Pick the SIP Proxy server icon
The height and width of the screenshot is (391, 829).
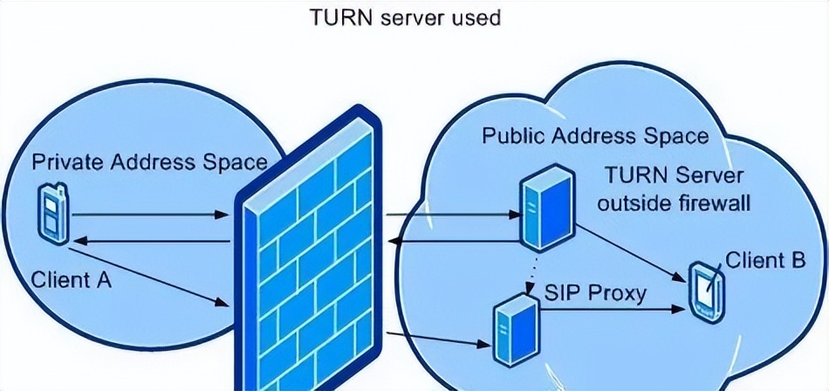click(x=510, y=330)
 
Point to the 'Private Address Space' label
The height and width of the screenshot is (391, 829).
click(x=149, y=162)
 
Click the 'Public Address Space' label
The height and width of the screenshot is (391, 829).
click(x=595, y=136)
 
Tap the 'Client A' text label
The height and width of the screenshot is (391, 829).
click(x=72, y=281)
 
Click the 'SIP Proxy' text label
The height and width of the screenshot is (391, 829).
click(x=595, y=292)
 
